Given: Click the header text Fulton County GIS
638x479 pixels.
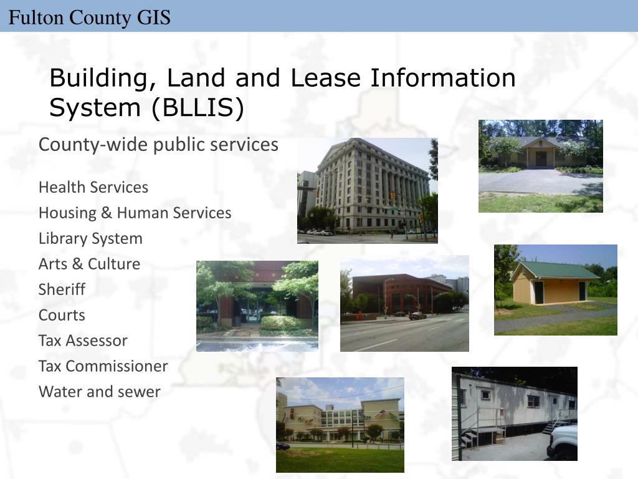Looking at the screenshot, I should (x=89, y=17).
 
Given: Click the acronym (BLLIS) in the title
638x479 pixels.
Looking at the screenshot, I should (x=196, y=108).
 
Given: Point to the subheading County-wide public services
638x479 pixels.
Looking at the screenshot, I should (x=158, y=145).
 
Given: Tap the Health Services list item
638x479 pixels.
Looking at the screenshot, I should (x=93, y=187).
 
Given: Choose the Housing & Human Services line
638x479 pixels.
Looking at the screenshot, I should (x=135, y=213).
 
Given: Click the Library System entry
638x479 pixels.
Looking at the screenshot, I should (x=90, y=238).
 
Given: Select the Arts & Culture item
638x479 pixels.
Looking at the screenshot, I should (x=89, y=264).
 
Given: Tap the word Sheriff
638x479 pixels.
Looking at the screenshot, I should (x=62, y=289).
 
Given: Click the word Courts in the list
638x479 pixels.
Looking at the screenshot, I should (x=62, y=315).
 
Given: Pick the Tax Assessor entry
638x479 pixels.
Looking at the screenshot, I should (x=83, y=341).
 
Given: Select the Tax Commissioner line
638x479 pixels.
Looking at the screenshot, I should (x=103, y=366).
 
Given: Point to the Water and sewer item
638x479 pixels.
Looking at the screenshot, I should (x=100, y=392).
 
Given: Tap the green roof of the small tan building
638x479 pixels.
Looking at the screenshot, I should (x=555, y=270).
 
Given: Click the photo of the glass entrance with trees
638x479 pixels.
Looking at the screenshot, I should (x=257, y=306).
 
